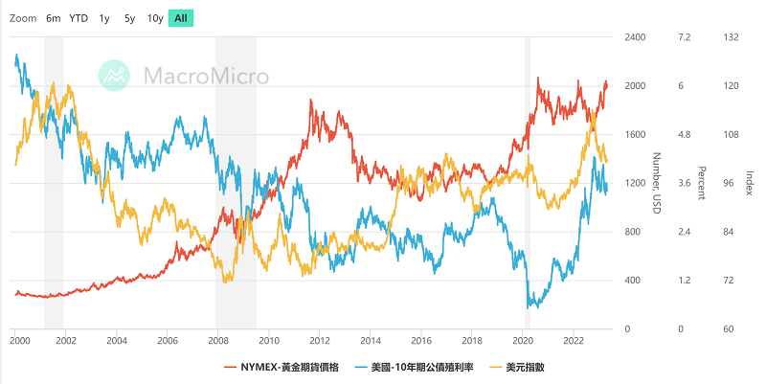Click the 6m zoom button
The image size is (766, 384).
(x=54, y=18)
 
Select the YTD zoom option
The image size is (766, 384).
(x=79, y=18)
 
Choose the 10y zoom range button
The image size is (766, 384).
(x=155, y=18)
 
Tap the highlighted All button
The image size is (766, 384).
(x=181, y=18)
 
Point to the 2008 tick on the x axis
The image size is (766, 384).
(x=217, y=340)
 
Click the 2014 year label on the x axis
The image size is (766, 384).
(x=370, y=340)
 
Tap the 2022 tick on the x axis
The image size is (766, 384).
(x=573, y=340)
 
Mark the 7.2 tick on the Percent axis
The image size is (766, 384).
(x=684, y=37)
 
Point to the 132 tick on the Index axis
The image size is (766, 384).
(x=732, y=37)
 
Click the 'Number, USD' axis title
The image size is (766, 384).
(x=658, y=183)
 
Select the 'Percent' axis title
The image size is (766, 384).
(x=701, y=183)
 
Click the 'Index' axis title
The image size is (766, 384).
(x=750, y=183)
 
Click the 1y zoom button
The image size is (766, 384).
(x=104, y=18)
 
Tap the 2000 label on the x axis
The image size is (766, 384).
(x=18, y=340)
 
